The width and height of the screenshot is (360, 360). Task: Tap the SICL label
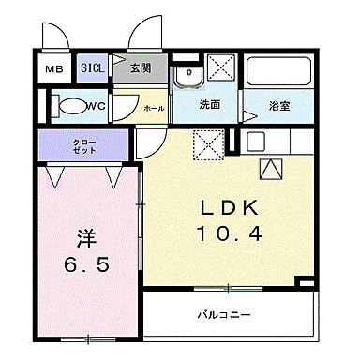pos(91,68)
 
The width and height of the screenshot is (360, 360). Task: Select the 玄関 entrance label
pos(141,68)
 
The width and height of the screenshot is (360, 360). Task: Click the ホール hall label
pos(154,109)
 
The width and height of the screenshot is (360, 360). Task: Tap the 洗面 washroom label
pos(209,105)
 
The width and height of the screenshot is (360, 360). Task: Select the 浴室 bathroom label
pos(278,106)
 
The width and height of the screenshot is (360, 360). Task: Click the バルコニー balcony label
pos(223,315)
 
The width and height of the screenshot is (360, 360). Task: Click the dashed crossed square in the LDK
pos(206,144)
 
